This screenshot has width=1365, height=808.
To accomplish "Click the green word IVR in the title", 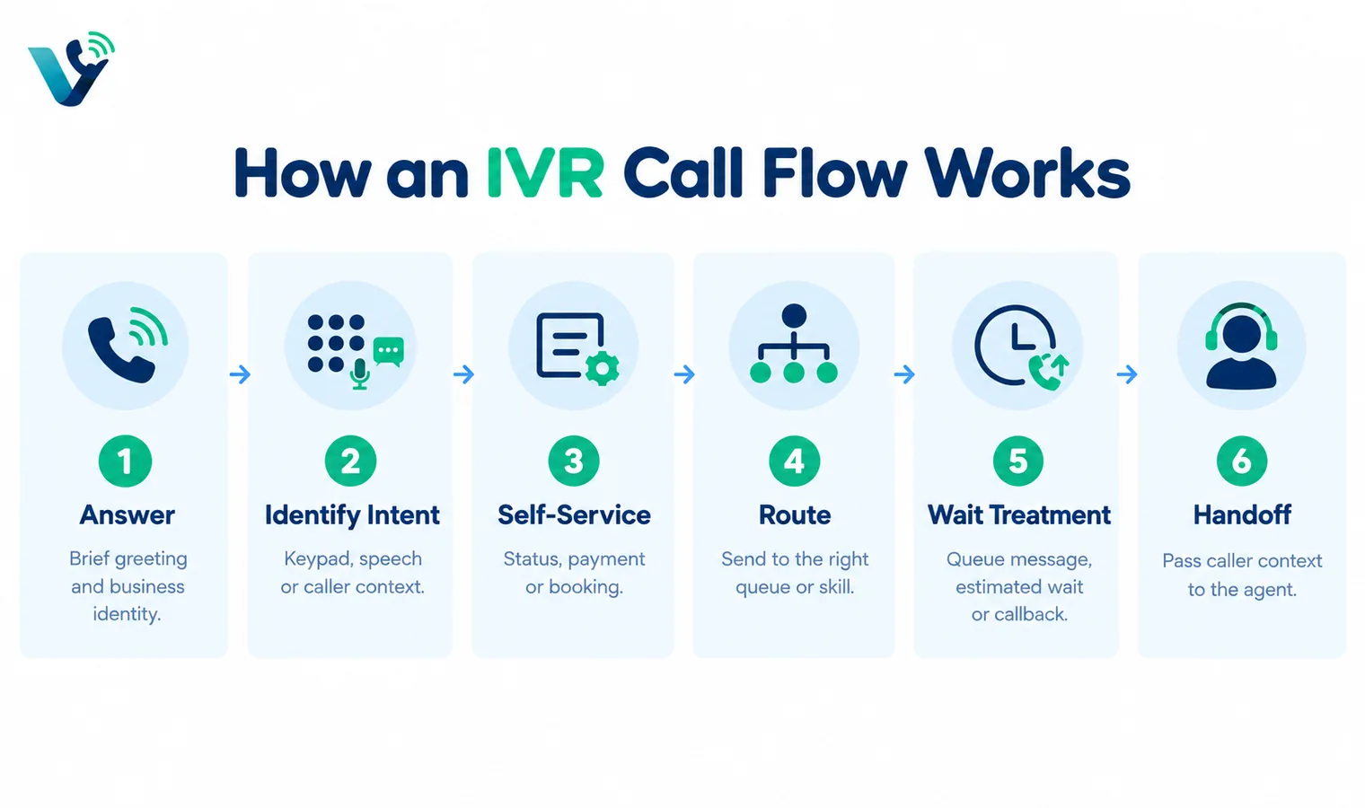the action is click(545, 172).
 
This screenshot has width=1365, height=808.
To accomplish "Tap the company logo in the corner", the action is click(72, 68).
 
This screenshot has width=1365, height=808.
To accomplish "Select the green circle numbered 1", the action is click(125, 461).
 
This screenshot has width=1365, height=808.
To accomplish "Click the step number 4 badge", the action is click(794, 461).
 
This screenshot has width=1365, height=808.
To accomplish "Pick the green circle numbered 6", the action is click(1241, 461).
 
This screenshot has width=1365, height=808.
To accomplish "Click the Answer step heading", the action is click(127, 515).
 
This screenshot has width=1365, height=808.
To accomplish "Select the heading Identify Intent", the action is click(352, 515).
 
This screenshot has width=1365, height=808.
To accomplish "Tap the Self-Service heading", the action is click(574, 515).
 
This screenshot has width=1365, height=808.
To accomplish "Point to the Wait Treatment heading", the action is click(1019, 515).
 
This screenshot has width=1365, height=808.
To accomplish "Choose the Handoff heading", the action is click(1242, 515).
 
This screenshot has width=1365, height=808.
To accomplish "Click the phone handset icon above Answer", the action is click(120, 350).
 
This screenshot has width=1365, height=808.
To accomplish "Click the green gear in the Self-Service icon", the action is click(602, 368).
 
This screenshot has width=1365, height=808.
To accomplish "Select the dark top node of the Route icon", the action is click(794, 316).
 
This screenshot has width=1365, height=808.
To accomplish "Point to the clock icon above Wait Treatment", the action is click(1015, 345).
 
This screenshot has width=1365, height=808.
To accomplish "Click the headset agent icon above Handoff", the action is click(1241, 346).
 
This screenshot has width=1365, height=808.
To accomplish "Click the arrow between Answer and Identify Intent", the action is click(240, 374).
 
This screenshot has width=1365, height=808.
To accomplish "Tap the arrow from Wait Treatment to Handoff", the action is click(1127, 374).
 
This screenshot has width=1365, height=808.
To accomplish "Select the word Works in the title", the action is click(1026, 172).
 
